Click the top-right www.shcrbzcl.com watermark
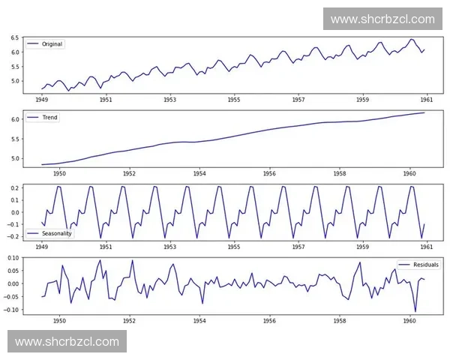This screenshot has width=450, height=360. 382,19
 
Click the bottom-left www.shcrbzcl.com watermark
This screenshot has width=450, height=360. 67,341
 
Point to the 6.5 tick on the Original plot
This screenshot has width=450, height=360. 14,37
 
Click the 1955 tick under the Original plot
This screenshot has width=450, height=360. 234,99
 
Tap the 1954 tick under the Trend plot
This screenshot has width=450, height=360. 199,172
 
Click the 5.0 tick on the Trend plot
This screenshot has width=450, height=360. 14,158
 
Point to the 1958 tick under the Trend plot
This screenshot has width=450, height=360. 340,172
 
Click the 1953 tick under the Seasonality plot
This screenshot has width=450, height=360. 170,246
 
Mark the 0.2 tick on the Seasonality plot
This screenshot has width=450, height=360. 14,187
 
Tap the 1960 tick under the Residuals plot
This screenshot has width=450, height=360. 409,320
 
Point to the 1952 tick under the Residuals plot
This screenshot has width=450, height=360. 129,320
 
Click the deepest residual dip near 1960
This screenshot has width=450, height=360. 415,311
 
